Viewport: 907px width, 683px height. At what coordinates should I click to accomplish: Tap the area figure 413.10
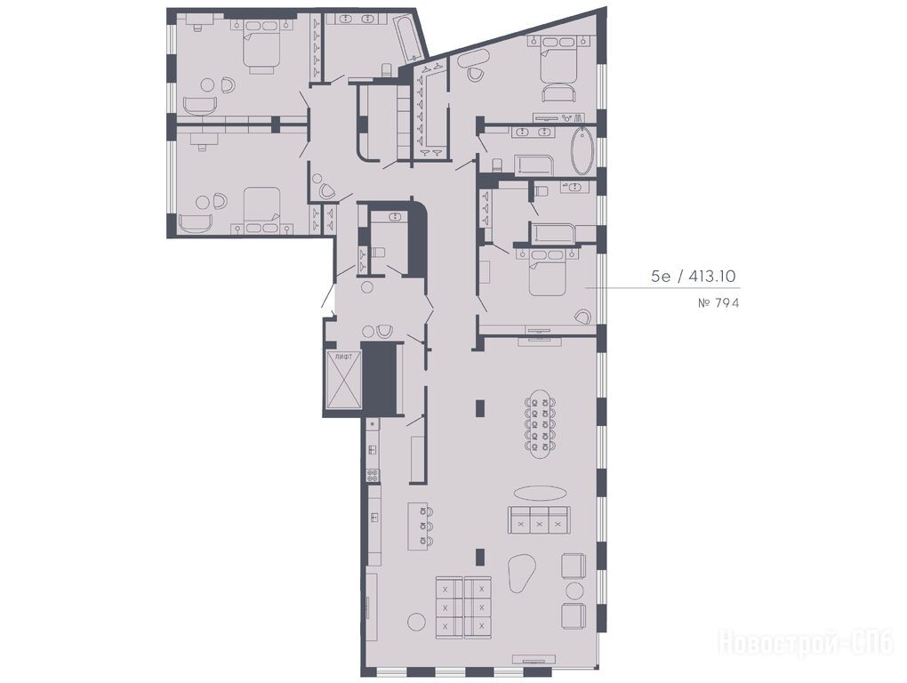click(x=710, y=277)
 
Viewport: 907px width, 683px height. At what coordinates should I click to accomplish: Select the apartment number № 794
click(x=718, y=302)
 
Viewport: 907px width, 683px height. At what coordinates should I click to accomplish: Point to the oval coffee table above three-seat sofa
click(x=541, y=493)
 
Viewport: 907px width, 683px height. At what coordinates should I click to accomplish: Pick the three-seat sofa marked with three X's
click(x=539, y=520)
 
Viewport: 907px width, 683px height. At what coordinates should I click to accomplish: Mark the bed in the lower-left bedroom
click(x=261, y=208)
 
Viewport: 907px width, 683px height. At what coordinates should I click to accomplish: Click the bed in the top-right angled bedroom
click(x=558, y=60)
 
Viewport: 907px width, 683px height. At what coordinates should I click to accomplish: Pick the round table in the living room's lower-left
click(x=416, y=621)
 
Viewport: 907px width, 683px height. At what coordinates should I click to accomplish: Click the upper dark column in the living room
click(x=480, y=407)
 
